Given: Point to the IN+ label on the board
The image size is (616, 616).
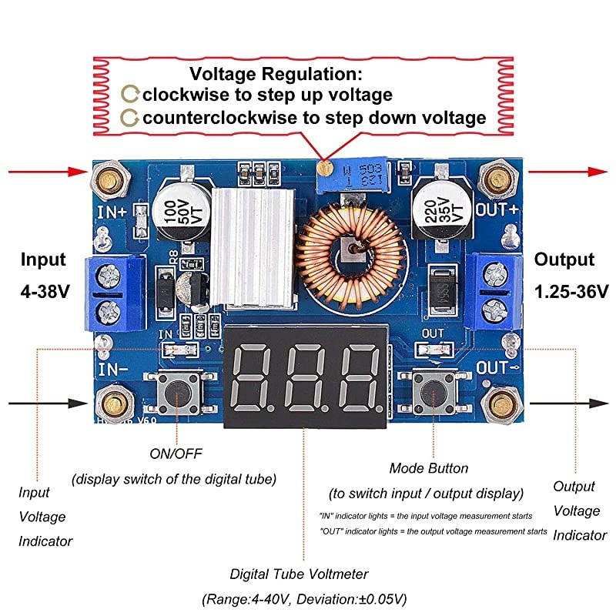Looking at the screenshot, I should pyautogui.click(x=112, y=209).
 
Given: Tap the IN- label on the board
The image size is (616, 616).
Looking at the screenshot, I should pyautogui.click(x=113, y=369).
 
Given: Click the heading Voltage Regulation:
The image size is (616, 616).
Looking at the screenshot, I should pyautogui.click(x=276, y=75).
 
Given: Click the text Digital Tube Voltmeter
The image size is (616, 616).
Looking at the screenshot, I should pyautogui.click(x=300, y=574).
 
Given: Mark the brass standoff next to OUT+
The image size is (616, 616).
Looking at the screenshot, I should pyautogui.click(x=496, y=179).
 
